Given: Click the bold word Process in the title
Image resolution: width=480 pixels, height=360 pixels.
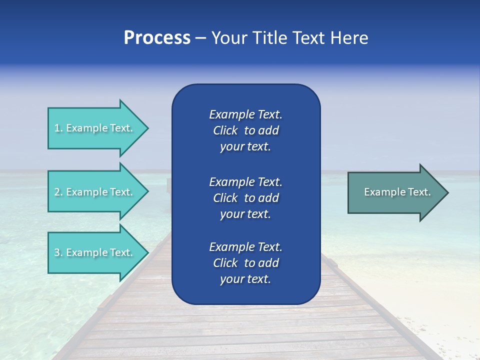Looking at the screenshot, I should pos(157,38).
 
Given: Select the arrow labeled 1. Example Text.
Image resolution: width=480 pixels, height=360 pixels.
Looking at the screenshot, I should pos(95,128).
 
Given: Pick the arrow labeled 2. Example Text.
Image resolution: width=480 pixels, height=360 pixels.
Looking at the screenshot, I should pos(95,192).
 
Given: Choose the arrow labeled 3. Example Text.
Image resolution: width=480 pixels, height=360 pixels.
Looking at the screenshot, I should pos(95,252).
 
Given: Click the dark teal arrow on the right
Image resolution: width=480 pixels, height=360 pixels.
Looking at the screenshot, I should pos(395,192).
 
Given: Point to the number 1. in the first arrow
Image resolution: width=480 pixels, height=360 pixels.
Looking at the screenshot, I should pos(58,128).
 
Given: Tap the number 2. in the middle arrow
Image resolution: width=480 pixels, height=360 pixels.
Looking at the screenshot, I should pos(58,192).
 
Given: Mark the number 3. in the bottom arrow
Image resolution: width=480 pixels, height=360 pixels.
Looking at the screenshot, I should pos(58,252).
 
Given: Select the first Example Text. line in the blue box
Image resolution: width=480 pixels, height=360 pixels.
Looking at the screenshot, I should pos(245,114).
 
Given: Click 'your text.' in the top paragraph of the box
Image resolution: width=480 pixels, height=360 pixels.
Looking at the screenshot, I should pos(245,146).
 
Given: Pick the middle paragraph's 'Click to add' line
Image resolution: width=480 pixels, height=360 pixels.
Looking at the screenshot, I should pos(245,198).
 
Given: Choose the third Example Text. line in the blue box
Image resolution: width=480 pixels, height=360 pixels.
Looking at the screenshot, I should pos(245,247).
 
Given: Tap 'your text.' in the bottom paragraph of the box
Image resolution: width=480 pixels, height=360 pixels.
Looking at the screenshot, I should pos(245,279).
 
